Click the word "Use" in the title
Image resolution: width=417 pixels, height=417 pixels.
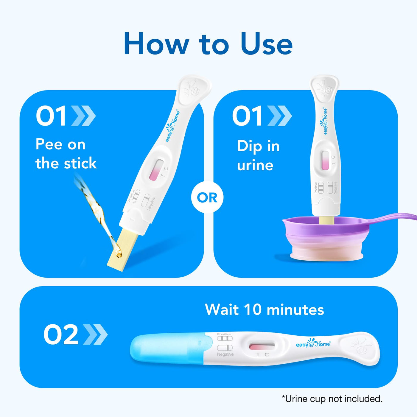(x=267, y=43)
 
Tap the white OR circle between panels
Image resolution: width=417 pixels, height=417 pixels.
(x=207, y=197)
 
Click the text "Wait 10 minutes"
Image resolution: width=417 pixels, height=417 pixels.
(x=264, y=310)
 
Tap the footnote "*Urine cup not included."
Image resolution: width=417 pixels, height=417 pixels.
(x=332, y=399)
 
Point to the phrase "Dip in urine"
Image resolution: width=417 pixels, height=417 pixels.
(x=258, y=155)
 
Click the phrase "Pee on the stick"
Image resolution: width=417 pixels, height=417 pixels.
(x=66, y=153)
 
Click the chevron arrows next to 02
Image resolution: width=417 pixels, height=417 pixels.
(x=95, y=334)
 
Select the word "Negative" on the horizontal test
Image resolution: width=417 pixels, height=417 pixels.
(x=225, y=354)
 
